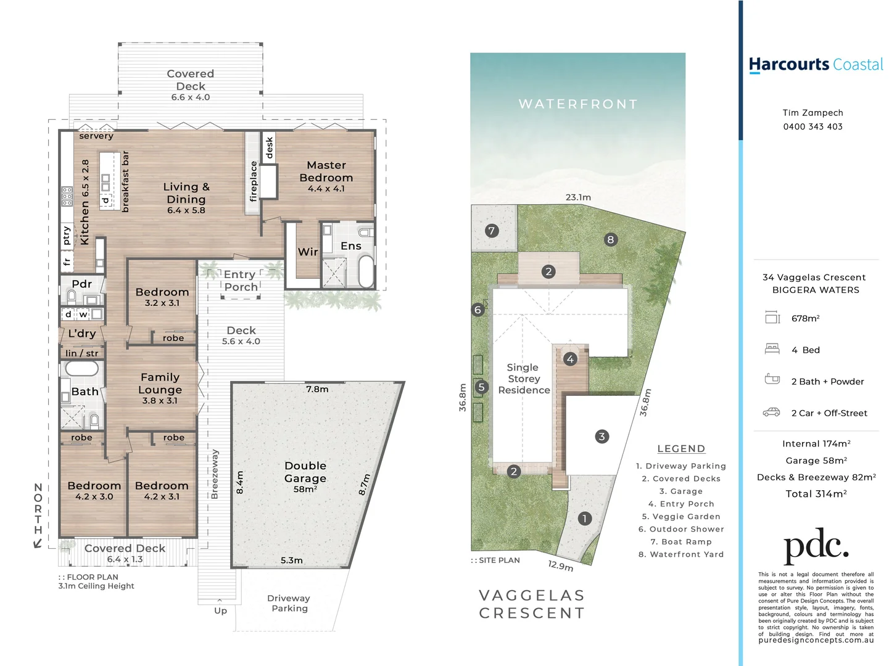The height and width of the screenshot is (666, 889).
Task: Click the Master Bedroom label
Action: click(x=326, y=171)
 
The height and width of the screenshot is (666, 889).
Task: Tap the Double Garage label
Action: click(x=305, y=472)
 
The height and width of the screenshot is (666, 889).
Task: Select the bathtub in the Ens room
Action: click(x=366, y=271)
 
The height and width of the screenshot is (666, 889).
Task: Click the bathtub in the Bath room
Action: click(x=81, y=368)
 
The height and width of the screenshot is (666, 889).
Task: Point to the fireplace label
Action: click(x=253, y=181)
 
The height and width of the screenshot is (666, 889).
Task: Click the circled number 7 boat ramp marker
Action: click(x=491, y=231)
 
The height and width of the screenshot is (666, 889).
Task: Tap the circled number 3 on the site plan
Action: click(x=602, y=437)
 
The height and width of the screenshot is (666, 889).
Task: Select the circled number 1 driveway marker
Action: click(x=584, y=519)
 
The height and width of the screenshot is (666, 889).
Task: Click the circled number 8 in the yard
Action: click(x=610, y=240)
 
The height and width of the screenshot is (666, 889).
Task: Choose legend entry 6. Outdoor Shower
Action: click(x=681, y=529)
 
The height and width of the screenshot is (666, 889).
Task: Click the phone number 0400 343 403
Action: click(x=813, y=126)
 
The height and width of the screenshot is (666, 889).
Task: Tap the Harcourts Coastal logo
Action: click(x=815, y=65)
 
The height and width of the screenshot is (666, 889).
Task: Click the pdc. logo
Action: click(x=816, y=546)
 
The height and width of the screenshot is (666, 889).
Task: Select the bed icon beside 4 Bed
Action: click(x=772, y=349)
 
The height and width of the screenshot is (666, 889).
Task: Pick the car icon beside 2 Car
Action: click(x=772, y=413)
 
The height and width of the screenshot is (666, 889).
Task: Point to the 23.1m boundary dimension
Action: click(x=578, y=197)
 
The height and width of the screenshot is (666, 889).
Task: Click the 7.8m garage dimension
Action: click(x=317, y=389)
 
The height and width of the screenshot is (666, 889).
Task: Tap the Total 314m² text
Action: click(x=816, y=494)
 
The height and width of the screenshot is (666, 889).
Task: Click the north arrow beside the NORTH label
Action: click(x=38, y=543)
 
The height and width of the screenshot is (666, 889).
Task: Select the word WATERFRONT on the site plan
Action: click(x=578, y=104)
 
